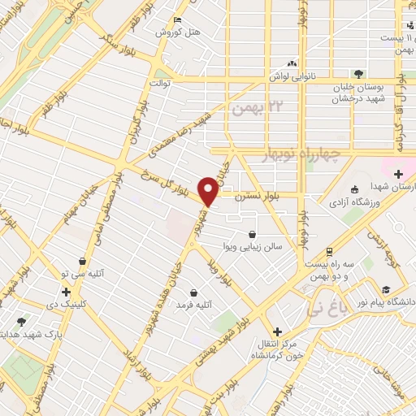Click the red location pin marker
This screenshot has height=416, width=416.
209,192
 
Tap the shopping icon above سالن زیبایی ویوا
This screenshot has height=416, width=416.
253,234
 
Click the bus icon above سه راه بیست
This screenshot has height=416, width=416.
328,251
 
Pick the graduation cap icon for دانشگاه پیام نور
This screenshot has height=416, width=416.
385,289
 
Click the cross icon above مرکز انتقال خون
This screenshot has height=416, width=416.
278,331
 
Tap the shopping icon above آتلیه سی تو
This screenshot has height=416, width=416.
83,262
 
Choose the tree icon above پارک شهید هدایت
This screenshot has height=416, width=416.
21,322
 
